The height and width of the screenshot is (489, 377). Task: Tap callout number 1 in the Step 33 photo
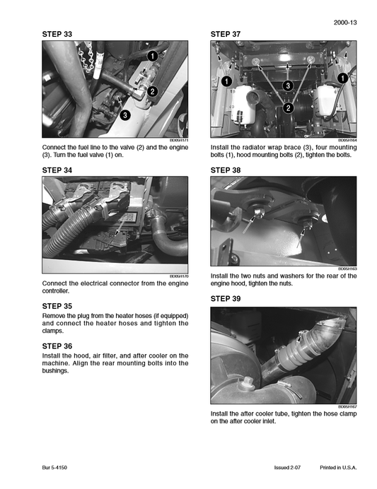click(x=152, y=55)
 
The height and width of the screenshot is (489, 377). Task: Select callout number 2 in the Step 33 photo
click(x=152, y=90)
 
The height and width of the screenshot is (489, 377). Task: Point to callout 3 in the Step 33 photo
click(x=125, y=114)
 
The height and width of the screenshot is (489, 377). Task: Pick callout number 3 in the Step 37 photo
click(x=288, y=86)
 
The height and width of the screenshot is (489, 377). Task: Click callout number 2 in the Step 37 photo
click(x=288, y=108)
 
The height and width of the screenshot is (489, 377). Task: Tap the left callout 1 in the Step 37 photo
click(x=226, y=82)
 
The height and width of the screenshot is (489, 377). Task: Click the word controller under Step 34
click(x=56, y=290)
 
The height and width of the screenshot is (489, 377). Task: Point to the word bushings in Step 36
click(x=57, y=371)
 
